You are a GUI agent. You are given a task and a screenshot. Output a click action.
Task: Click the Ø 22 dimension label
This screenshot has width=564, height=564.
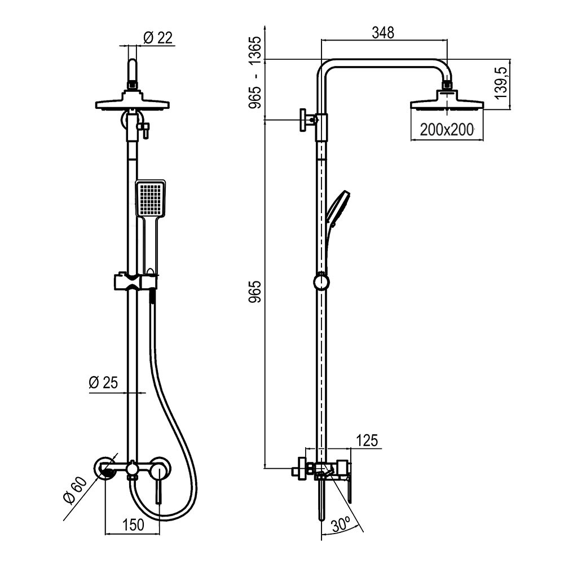(x=158, y=37)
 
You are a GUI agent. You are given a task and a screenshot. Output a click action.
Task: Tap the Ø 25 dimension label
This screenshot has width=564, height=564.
(x=103, y=382)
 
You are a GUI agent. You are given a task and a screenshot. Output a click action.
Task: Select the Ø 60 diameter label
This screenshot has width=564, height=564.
(x=75, y=491)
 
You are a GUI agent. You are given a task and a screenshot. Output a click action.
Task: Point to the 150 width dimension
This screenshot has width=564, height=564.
(x=133, y=525)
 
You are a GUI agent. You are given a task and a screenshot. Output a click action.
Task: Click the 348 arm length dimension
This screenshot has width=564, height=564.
(x=383, y=32)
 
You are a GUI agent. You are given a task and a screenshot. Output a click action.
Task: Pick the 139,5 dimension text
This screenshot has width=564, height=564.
(x=501, y=83)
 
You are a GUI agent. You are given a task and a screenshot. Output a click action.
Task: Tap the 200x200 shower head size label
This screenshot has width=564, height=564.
(x=447, y=130)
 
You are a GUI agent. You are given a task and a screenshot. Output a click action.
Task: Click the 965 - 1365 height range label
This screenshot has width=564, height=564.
(x=255, y=72)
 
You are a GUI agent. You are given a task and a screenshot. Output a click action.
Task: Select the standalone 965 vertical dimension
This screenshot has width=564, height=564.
(x=255, y=292)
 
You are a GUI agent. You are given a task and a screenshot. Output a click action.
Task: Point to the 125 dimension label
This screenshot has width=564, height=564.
(x=367, y=440)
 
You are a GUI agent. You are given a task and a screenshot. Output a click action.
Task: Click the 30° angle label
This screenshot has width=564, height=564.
(x=341, y=526)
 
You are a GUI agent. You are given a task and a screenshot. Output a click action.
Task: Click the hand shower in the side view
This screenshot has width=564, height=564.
(x=337, y=209)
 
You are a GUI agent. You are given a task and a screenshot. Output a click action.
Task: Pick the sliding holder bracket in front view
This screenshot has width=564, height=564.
(x=136, y=282)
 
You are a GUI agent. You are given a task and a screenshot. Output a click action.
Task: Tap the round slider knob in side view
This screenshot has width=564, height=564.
(x=321, y=281)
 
